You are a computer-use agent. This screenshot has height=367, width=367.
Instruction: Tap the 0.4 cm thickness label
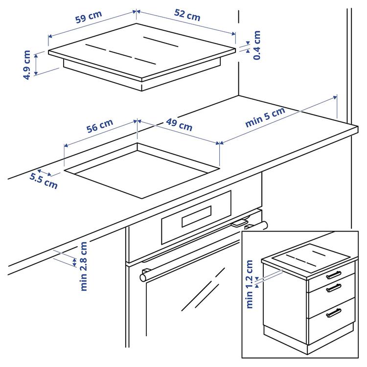(x=256, y=45)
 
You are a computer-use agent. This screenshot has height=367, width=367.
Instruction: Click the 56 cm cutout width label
(x=100, y=127)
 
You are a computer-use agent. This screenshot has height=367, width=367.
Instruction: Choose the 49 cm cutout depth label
(x=179, y=125)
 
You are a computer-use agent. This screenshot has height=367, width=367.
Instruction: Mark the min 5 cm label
(x=265, y=117)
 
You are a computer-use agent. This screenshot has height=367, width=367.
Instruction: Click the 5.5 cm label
(x=43, y=181)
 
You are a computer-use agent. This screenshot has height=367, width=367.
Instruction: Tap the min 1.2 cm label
(x=250, y=284)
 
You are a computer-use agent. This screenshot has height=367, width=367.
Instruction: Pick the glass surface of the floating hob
(x=142, y=51)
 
